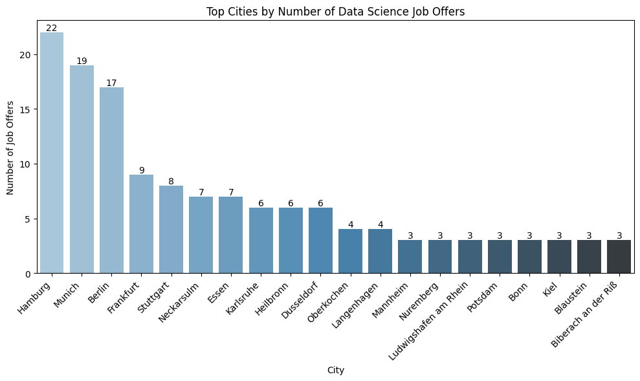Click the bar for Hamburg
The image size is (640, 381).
click(x=52, y=153)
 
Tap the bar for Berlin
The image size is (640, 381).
click(x=111, y=180)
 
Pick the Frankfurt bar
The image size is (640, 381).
click(x=141, y=224)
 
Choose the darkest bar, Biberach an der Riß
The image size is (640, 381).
click(x=619, y=257)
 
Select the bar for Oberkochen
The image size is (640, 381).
click(x=350, y=251)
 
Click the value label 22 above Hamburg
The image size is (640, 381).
click(x=52, y=28)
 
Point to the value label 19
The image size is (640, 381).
click(x=82, y=61)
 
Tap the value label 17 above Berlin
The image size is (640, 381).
click(x=111, y=83)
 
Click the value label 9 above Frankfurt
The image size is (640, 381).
click(x=141, y=170)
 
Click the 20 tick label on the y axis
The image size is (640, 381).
click(x=25, y=54)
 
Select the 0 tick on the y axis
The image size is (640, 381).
click(x=27, y=274)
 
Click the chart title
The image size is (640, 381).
click(x=335, y=11)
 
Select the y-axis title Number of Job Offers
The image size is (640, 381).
click(x=10, y=147)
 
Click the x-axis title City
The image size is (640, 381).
click(x=335, y=370)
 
